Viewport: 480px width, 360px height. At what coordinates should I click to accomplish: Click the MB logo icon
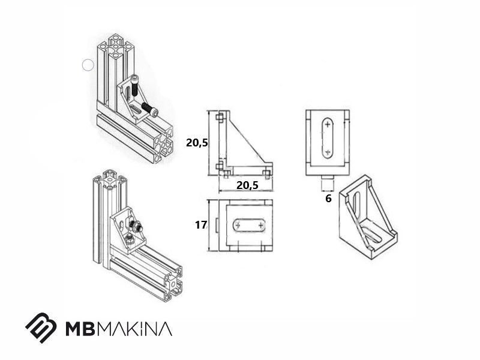click(41, 328)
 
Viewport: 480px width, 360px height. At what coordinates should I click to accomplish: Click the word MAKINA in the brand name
click(135, 328)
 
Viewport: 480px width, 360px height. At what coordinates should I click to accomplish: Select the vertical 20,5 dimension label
click(197, 143)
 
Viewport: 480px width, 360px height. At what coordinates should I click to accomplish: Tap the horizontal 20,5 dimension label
click(247, 185)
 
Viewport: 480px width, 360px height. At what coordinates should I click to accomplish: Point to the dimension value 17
click(201, 225)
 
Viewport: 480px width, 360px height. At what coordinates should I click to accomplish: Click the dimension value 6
click(328, 199)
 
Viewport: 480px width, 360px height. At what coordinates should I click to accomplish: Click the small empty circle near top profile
click(88, 65)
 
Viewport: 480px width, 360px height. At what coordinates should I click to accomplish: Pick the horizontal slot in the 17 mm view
click(249, 226)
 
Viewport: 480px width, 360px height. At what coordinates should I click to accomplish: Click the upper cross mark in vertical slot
click(328, 124)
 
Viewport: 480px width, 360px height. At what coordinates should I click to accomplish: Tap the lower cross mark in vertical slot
click(328, 152)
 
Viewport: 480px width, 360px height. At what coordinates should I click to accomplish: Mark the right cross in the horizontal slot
click(260, 226)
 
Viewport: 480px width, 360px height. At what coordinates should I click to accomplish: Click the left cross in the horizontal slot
click(237, 226)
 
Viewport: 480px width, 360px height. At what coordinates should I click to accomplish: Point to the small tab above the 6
click(328, 178)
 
